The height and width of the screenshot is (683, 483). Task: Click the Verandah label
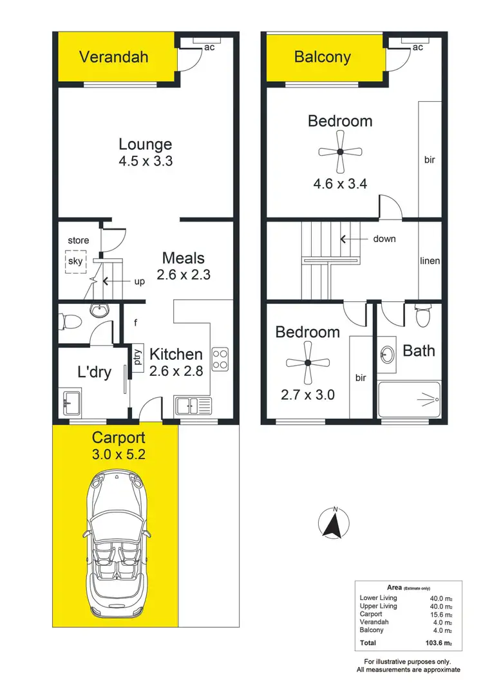coord(113,57)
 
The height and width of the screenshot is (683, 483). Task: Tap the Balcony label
coord(322,57)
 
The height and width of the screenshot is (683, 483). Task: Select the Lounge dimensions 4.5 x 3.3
coord(145,162)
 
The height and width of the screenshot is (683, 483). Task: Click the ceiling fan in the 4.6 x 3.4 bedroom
coord(340,152)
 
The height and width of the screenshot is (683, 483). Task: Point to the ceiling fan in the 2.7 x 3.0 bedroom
coord(308,363)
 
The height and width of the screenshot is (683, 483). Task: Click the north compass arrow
coord(334,522)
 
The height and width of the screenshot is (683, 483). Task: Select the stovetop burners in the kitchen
coord(220,359)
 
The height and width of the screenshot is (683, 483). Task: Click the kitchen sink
coord(193,406)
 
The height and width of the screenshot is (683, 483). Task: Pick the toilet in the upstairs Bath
coord(423,315)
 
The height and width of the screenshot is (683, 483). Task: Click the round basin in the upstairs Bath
coord(388,355)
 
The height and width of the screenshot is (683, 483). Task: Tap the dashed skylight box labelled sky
coord(75,261)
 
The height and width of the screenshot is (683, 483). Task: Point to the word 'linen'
coord(430,261)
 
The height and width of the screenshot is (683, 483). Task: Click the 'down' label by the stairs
coord(384,239)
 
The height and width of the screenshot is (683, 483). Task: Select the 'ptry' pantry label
coord(138,357)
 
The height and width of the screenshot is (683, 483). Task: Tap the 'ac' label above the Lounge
coord(209,47)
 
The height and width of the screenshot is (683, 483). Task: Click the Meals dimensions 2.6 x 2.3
coord(183,274)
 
